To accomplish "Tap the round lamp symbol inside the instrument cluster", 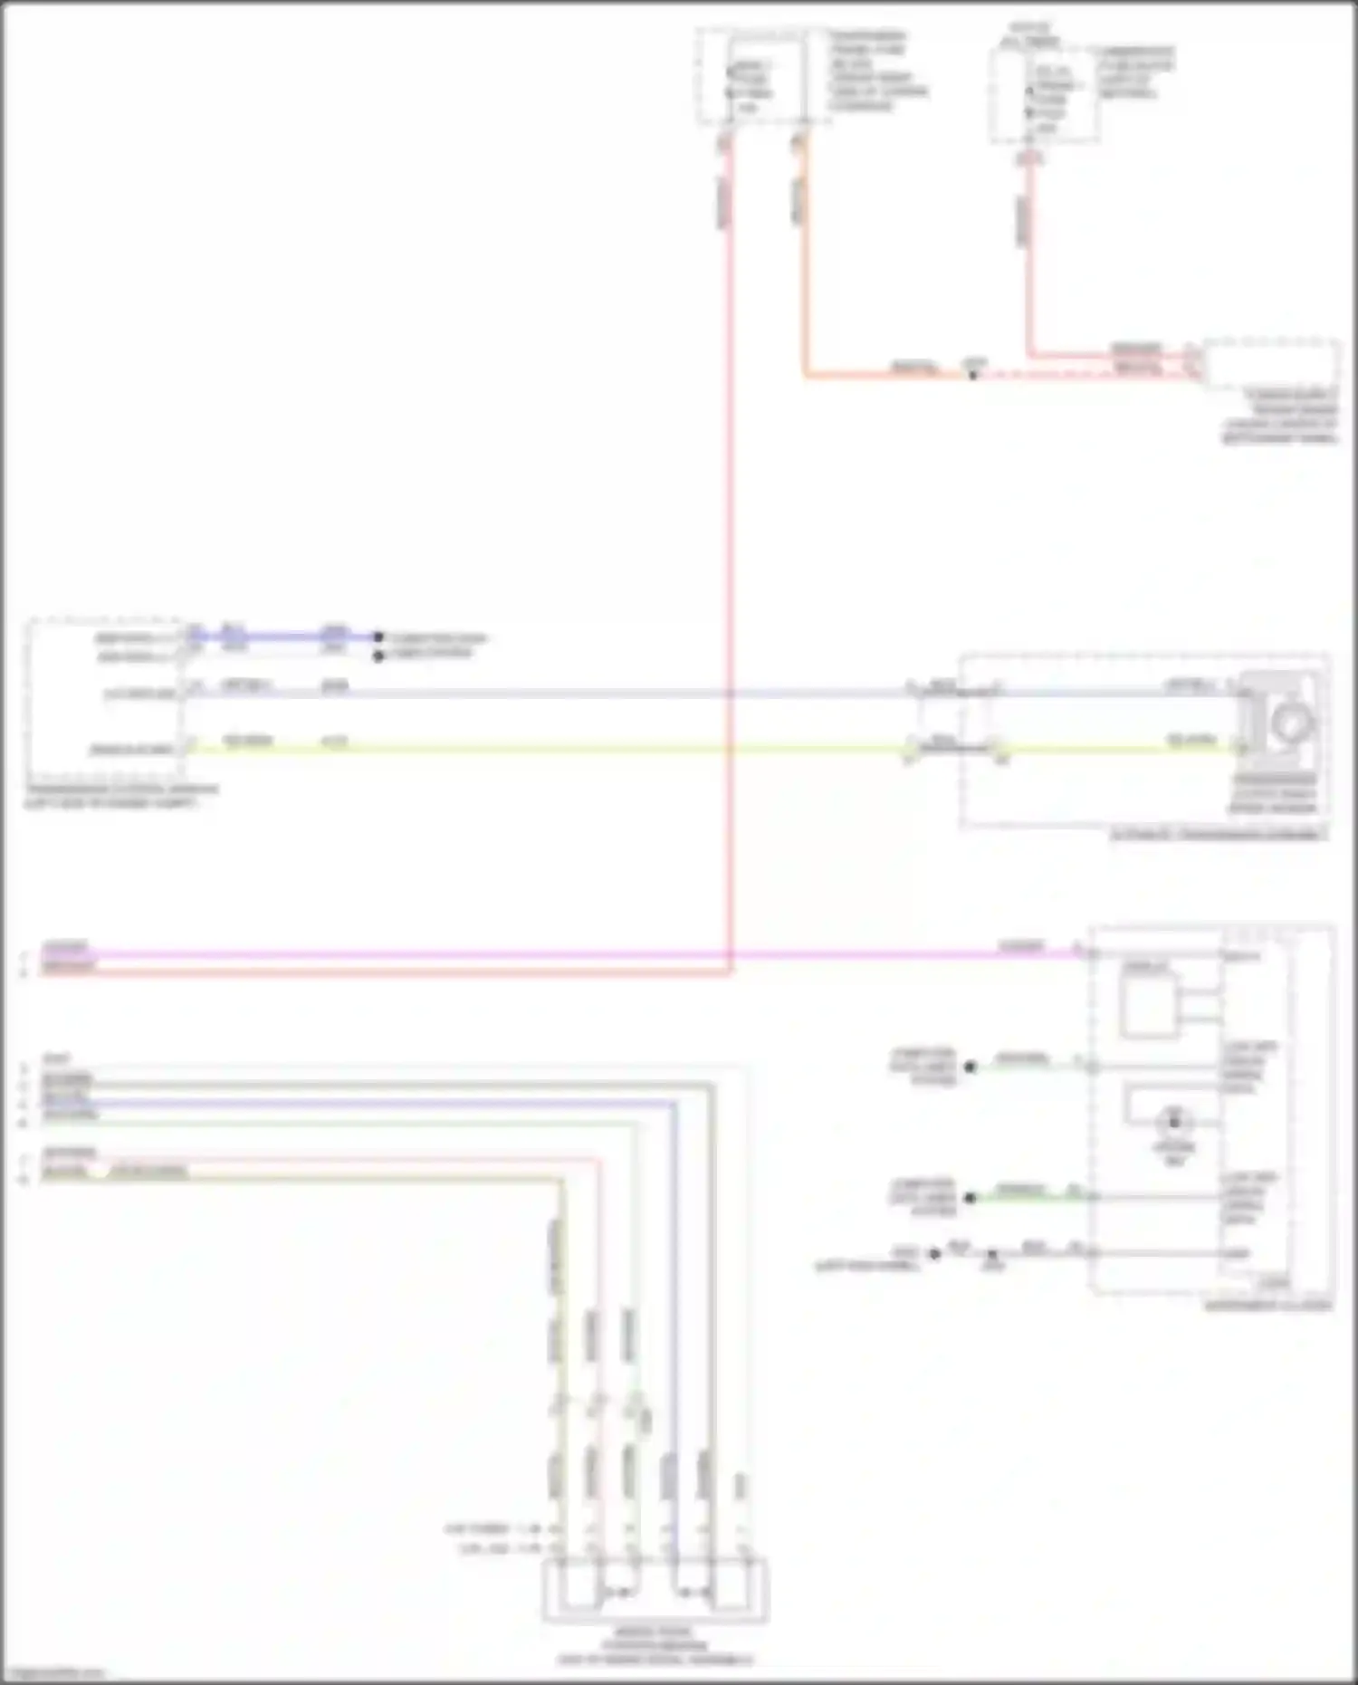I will (1174, 1123).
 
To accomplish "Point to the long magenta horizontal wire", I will (543, 954).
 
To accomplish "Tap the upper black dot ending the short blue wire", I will (378, 637).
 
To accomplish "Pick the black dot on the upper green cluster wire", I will (970, 1067).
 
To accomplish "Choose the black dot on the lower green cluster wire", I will (970, 1197).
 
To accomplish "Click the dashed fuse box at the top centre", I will (751, 76).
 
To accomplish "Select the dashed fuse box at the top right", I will (1044, 95).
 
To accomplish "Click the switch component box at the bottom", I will (655, 1590).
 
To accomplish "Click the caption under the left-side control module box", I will (122, 795).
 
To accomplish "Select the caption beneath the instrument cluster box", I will (1267, 1306).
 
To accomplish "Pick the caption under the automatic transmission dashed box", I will (1218, 835).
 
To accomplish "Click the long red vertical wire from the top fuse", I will (729, 543).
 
